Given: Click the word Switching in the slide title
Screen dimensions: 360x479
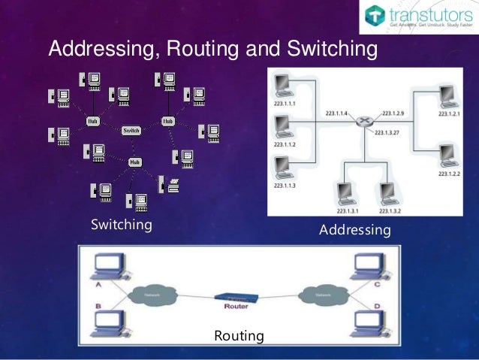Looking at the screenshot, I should tap(328, 50).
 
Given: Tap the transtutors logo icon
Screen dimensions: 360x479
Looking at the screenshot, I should tap(375, 16).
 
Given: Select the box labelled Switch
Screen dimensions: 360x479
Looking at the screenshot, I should tap(131, 130).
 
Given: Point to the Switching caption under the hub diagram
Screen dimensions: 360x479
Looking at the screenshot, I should tap(122, 225).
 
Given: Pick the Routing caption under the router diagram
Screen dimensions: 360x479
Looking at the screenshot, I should tap(239, 335).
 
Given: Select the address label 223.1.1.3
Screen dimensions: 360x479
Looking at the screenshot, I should tap(285, 185).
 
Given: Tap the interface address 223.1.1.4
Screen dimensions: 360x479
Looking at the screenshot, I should tap(336, 113).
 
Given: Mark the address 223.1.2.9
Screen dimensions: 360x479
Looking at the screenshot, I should tap(393, 113).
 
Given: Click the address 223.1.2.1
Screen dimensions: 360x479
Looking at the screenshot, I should tap(449, 113).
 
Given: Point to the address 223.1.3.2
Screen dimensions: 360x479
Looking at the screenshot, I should tap(389, 212).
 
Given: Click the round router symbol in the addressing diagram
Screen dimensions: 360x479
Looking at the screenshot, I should tap(364, 121).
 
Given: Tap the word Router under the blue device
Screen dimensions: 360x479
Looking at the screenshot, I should tap(236, 307).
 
